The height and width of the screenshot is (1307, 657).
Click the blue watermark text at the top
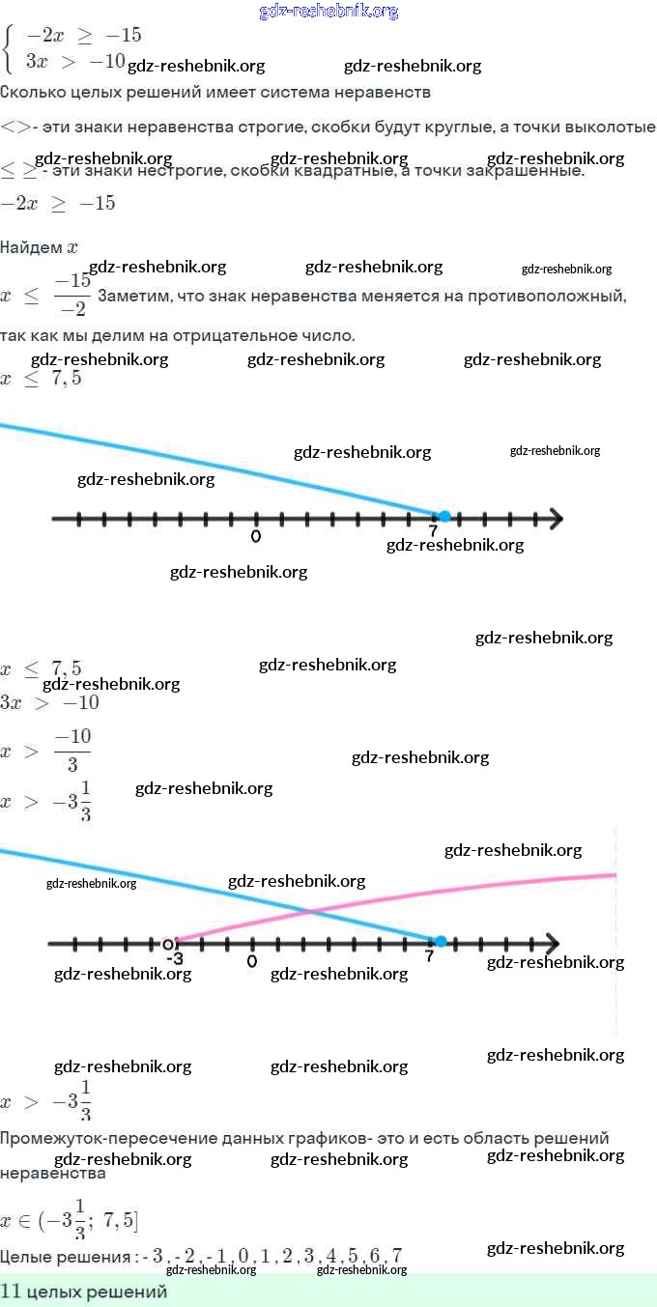[x=328, y=12]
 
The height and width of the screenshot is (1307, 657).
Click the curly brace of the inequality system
[x=10, y=48]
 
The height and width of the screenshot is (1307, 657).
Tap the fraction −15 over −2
[x=71, y=296]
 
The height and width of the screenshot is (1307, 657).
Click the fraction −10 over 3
[x=71, y=752]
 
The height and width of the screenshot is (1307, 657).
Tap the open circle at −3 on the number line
[x=168, y=943]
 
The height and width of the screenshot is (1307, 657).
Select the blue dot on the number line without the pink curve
[x=444, y=517]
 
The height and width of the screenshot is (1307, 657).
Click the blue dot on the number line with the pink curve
[x=441, y=941]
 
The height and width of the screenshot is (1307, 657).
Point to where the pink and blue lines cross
[x=308, y=911]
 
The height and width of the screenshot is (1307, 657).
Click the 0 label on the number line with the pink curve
[x=251, y=961]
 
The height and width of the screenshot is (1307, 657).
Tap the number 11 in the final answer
[x=11, y=1292]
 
